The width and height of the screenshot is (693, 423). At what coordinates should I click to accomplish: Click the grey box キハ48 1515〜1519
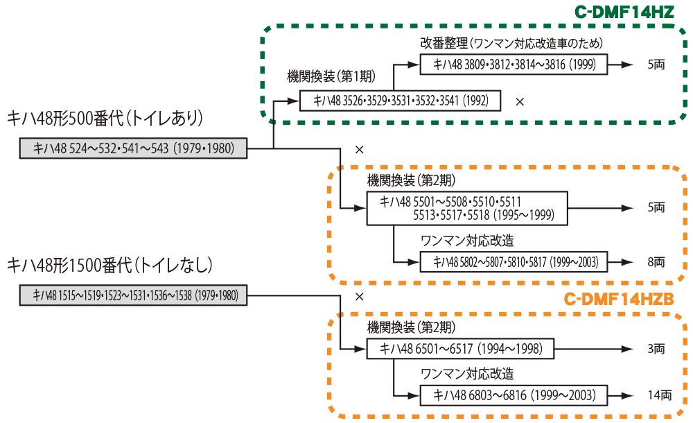click(x=132, y=295)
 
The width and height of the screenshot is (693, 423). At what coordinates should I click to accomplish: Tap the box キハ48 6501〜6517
click(x=460, y=349)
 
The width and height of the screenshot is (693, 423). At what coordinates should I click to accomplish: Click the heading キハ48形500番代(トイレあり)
click(x=105, y=119)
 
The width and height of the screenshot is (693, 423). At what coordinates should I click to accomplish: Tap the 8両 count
click(x=655, y=262)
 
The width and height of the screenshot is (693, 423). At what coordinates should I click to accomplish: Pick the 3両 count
click(x=655, y=349)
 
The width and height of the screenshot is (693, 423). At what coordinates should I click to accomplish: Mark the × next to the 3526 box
click(x=520, y=101)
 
